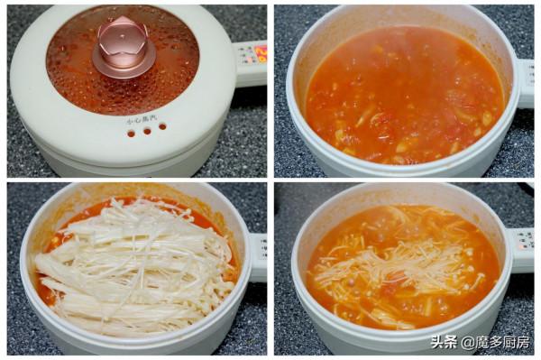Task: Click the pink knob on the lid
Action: coord(124,44)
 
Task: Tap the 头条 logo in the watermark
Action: coord(444,342)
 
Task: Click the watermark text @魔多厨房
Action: coord(495,342)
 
